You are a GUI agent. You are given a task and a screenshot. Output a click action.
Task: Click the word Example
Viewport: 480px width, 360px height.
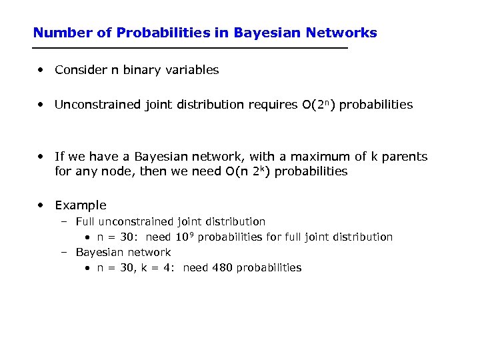(80, 205)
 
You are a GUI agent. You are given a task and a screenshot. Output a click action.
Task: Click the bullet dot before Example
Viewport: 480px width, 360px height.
(42, 205)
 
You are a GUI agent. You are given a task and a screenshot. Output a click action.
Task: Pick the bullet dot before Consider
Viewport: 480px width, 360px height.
(42, 70)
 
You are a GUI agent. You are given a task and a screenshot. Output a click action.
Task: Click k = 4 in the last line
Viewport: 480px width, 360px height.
(157, 267)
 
